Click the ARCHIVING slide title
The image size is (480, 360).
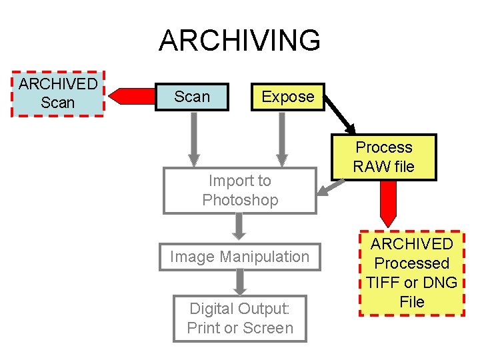point(239,41)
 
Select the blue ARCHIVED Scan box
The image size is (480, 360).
point(58,93)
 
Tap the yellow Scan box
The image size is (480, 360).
point(192,97)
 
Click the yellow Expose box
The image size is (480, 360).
point(287,97)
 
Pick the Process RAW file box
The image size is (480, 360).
point(384,157)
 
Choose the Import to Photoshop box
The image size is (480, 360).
point(240,190)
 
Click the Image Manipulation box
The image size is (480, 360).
point(240,257)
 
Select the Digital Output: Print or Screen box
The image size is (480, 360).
point(240,319)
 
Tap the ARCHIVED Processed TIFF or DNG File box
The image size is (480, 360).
point(411,273)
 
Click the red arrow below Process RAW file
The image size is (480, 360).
point(387,203)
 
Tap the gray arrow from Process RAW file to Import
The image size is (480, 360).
point(326,189)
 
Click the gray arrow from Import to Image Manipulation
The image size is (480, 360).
point(240,227)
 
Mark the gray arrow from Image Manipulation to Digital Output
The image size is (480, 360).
point(240,283)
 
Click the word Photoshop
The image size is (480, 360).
point(240,200)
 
